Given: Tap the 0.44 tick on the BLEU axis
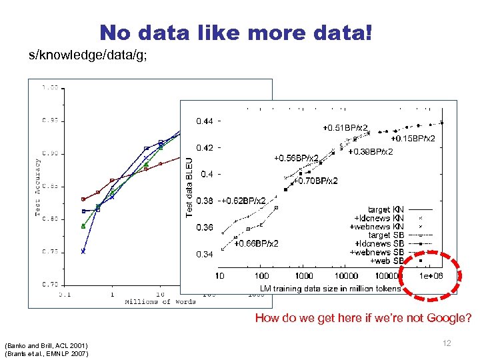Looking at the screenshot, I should (x=204, y=121).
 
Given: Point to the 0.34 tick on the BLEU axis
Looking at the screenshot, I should (x=204, y=254).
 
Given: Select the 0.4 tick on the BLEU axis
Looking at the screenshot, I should (x=207, y=174).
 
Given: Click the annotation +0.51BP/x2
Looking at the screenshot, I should (x=345, y=127).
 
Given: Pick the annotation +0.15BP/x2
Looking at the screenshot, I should (x=413, y=139).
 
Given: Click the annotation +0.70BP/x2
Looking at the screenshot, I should (x=315, y=181).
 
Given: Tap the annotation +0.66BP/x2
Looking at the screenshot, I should (x=256, y=243).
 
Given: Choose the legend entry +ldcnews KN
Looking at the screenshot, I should (x=379, y=218).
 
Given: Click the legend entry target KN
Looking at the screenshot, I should (x=386, y=209).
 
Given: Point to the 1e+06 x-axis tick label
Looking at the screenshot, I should (x=431, y=276).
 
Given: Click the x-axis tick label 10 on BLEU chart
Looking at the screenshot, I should (x=219, y=276).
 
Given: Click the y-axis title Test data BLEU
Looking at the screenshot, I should (x=190, y=186).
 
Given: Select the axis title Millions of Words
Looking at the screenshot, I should (x=161, y=302).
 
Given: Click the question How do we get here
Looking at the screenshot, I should (x=363, y=319).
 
